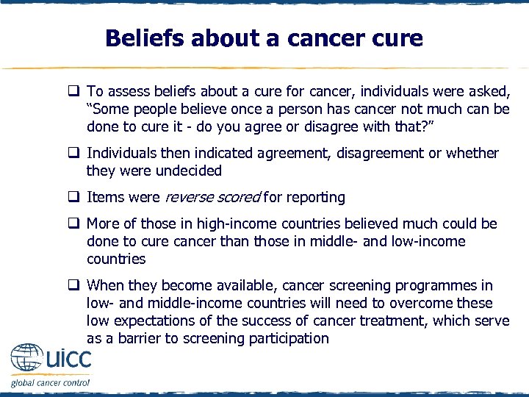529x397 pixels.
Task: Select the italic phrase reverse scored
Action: (x=212, y=197)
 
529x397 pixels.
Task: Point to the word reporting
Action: (x=316, y=197)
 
